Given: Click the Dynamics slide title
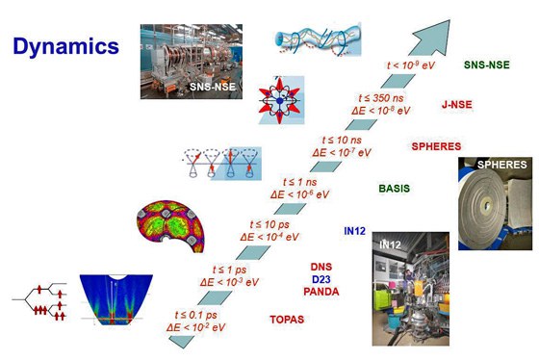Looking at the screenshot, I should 66,45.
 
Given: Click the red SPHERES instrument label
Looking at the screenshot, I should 436,146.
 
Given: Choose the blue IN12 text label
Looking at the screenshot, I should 356,231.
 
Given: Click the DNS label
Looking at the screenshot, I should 321,266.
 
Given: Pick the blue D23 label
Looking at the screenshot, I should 321,278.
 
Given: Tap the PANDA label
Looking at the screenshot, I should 321,291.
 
